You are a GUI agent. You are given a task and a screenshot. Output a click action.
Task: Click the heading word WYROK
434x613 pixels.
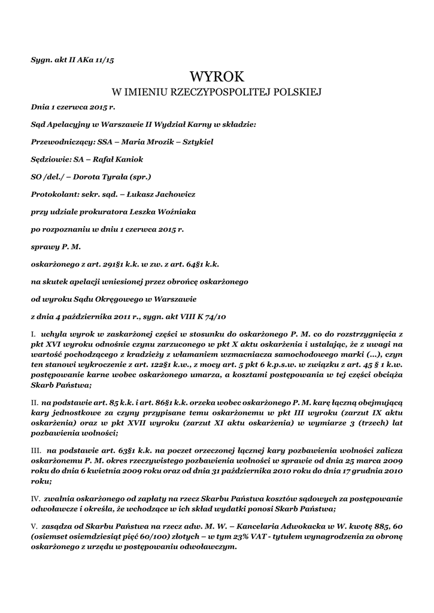(217, 77)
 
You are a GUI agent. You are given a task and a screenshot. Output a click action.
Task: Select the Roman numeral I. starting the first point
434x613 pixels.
(34, 332)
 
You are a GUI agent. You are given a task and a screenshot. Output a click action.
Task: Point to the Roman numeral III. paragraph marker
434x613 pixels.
(35, 448)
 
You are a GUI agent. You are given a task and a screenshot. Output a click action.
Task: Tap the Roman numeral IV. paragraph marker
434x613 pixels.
(35, 498)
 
